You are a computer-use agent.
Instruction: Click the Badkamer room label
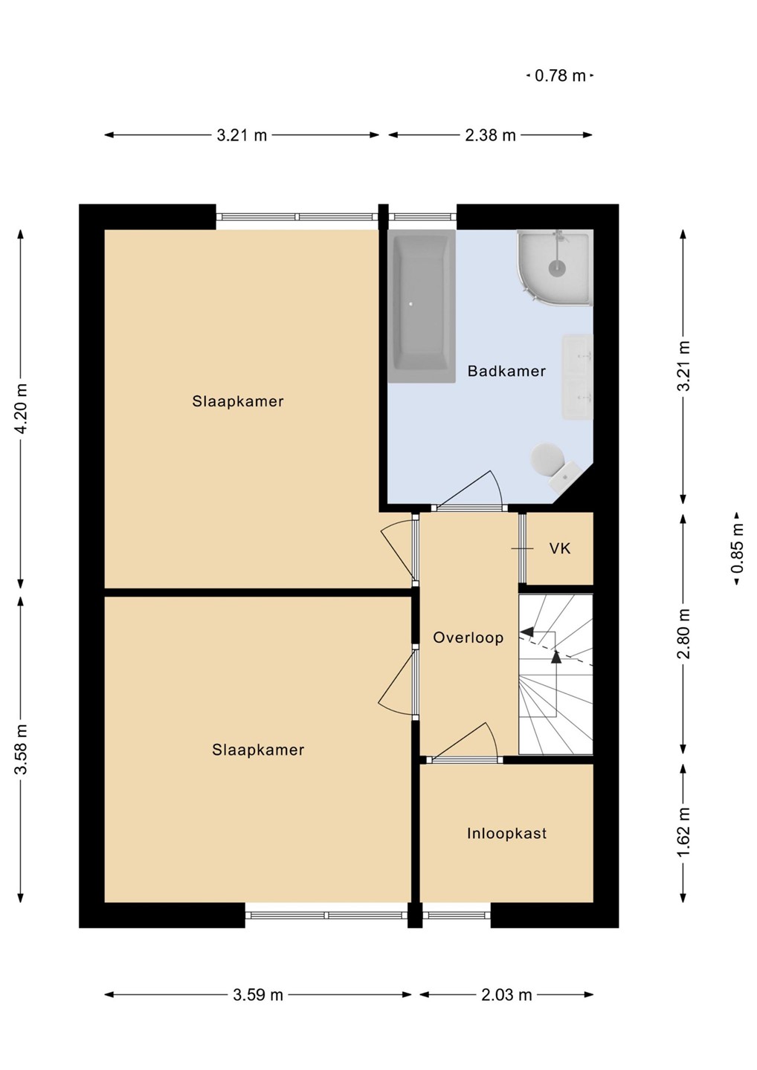pyautogui.click(x=506, y=372)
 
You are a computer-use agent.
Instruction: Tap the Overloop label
pyautogui.click(x=468, y=638)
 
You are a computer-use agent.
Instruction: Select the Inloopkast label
pyautogui.click(x=506, y=834)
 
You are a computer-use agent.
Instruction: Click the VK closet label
pyautogui.click(x=560, y=548)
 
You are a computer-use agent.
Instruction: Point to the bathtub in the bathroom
pyautogui.click(x=422, y=306)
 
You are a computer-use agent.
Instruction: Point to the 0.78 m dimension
pyautogui.click(x=560, y=76)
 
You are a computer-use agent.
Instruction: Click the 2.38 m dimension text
pyautogui.click(x=490, y=136)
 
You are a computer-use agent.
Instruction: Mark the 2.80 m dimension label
pyautogui.click(x=684, y=634)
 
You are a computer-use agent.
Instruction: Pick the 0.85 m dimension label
pyautogui.click(x=739, y=548)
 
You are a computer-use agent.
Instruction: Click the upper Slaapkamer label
pyautogui.click(x=238, y=401)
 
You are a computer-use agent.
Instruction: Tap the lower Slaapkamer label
pyautogui.click(x=258, y=750)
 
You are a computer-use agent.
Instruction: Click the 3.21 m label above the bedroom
pyautogui.click(x=242, y=136)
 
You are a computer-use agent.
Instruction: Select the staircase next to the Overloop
pyautogui.click(x=555, y=675)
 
